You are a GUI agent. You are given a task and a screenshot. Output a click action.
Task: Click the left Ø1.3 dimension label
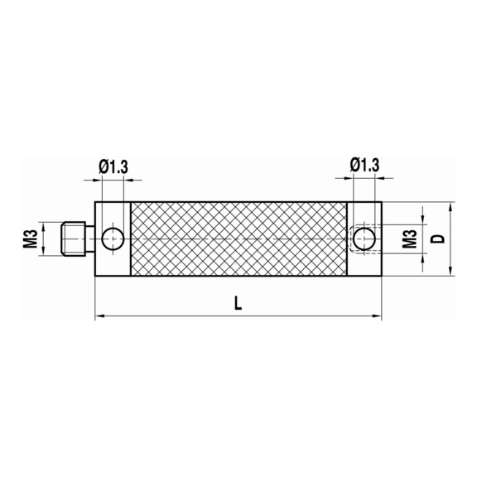pyautogui.click(x=113, y=166)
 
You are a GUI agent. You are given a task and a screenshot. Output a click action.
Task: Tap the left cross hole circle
pyautogui.click(x=113, y=239)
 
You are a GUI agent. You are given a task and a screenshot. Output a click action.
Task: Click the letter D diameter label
pyautogui.click(x=440, y=238)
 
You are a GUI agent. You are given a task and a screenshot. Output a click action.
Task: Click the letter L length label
pyautogui.click(x=238, y=303)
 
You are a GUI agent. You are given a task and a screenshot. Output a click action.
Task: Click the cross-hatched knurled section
pyautogui.click(x=238, y=239)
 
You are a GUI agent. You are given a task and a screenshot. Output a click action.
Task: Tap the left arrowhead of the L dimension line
pyautogui.click(x=100, y=316)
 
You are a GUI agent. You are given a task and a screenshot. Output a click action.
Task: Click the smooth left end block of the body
pyautogui.click(x=113, y=261)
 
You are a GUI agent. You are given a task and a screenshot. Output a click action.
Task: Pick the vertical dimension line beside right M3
pyautogui.click(x=422, y=239)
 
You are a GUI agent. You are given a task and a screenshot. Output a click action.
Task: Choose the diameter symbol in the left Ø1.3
pyautogui.click(x=103, y=166)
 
